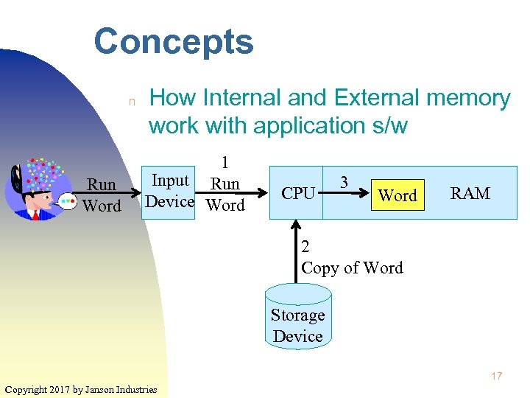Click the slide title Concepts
click(x=174, y=42)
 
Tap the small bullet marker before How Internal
click(x=132, y=102)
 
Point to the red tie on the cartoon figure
click(x=35, y=214)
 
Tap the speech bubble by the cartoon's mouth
click(x=67, y=200)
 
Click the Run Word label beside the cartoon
click(x=102, y=195)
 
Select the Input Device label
click(x=170, y=191)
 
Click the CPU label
click(x=298, y=194)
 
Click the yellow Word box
click(x=397, y=195)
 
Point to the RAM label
click(x=470, y=194)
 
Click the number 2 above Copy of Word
click(x=306, y=247)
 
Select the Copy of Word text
click(x=353, y=268)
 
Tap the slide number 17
click(x=496, y=377)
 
